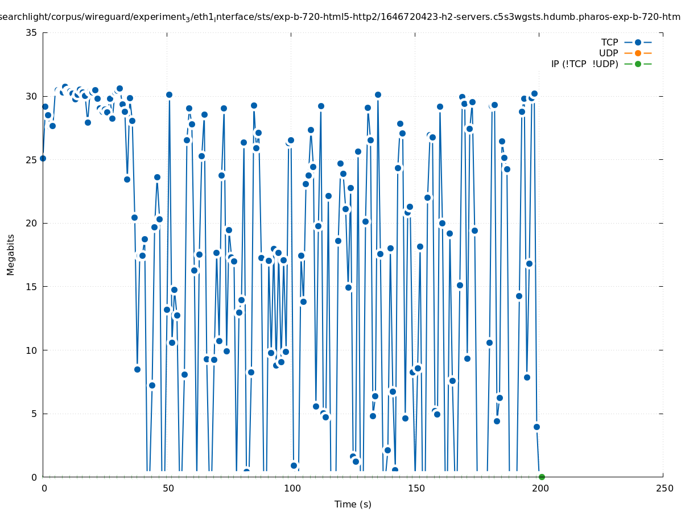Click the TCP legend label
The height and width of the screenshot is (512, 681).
[x=609, y=42]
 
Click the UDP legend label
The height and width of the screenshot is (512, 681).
[x=608, y=53]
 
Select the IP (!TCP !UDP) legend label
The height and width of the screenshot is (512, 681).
[x=584, y=64]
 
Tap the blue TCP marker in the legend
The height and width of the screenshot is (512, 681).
[x=638, y=42]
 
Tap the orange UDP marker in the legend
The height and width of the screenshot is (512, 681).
[x=638, y=53]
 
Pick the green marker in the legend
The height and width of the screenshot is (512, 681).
[x=638, y=64]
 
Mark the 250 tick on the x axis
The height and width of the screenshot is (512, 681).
[x=664, y=488]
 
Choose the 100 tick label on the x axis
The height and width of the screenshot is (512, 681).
[x=292, y=488]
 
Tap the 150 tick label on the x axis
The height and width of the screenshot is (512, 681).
[x=416, y=488]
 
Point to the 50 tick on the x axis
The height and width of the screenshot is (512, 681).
[x=168, y=488]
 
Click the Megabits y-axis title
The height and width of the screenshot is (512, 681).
[x=11, y=254]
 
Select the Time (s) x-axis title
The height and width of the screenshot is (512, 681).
[x=353, y=504]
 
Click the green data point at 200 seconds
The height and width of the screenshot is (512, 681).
[x=542, y=477]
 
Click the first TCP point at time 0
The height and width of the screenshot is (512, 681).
[x=43, y=158]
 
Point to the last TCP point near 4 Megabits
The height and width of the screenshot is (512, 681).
[x=536, y=427]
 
